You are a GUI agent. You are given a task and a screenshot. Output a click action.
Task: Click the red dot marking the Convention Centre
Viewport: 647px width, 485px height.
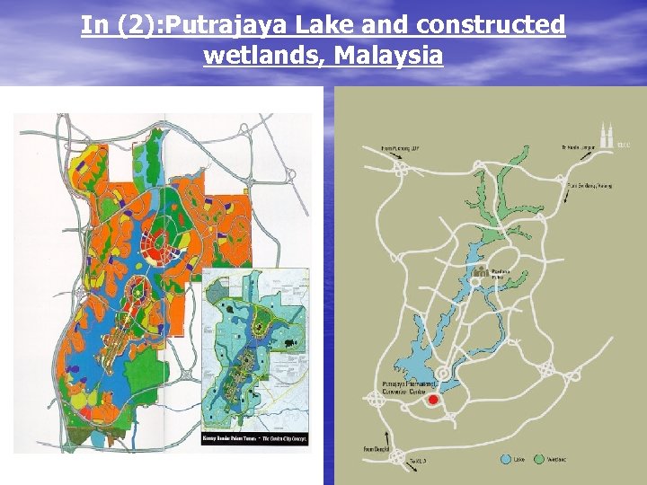click(434, 399)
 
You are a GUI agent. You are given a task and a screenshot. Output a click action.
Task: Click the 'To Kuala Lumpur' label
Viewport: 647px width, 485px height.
click(581, 147)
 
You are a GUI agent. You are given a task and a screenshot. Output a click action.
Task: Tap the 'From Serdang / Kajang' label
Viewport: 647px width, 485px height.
click(588, 186)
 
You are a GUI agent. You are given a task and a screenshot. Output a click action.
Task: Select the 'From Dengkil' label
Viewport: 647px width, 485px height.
click(377, 448)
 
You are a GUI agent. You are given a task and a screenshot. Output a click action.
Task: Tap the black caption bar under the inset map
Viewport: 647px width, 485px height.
click(255, 439)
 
